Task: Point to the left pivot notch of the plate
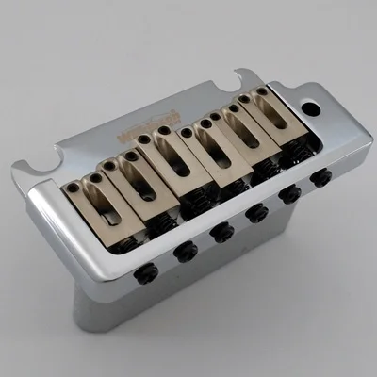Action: click(39, 166)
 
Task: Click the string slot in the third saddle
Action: click(171, 156)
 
